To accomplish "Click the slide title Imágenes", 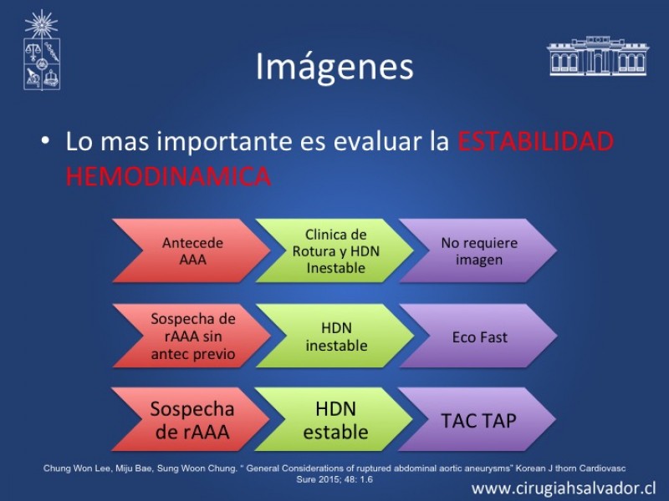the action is [x=334, y=68].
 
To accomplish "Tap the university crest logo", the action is [x=41, y=50].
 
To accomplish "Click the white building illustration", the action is [x=598, y=56].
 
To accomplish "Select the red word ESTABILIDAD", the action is [x=536, y=141].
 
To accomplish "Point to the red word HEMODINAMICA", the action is [x=169, y=176].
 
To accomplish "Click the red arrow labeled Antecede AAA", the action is [x=192, y=250].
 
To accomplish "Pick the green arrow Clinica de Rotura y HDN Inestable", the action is [x=335, y=250].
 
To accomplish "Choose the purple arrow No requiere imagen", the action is [x=478, y=250].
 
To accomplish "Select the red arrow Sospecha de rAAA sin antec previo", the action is [x=192, y=336].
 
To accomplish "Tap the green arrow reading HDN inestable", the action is [x=335, y=336].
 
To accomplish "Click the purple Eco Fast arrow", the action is [x=478, y=336].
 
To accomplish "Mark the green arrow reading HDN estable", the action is [x=334, y=419].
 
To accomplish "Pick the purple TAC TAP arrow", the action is [x=477, y=419].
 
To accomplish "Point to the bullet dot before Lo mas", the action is [x=45, y=139].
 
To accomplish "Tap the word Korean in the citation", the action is [x=528, y=468].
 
